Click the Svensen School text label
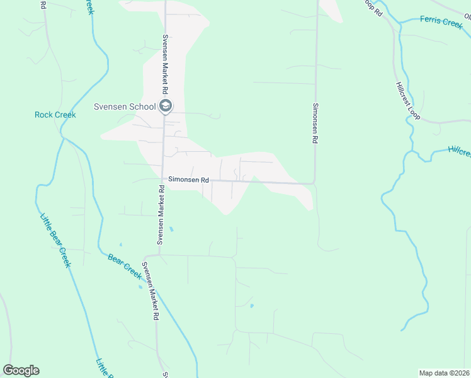click(x=125, y=106)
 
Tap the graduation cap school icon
click(x=166, y=106)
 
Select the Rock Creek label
click(x=55, y=115)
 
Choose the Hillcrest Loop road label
click(x=407, y=101)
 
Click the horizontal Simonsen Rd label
click(x=187, y=180)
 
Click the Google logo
click(x=21, y=370)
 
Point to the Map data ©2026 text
click(x=445, y=372)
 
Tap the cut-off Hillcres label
click(x=460, y=152)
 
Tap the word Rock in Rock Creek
click(x=43, y=115)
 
